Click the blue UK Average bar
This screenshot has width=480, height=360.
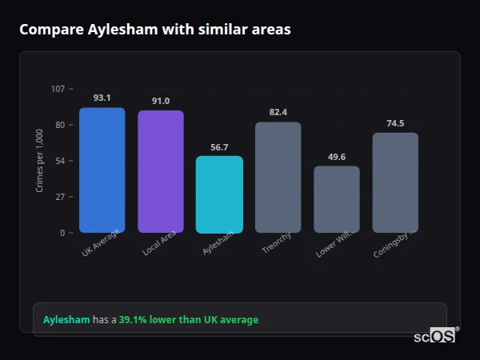102,170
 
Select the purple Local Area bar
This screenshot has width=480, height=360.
161,171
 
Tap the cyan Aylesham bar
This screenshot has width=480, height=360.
219,194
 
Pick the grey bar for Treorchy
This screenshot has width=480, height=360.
278,177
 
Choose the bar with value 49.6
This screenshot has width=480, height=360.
337,199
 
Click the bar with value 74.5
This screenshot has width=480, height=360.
395,182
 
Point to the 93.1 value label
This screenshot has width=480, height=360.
102,98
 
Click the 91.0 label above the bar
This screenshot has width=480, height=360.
161,101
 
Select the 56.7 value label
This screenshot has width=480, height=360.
219,146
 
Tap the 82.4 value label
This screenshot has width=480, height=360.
278,112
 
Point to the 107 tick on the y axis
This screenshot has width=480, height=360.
58,89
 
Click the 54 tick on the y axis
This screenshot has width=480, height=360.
60,161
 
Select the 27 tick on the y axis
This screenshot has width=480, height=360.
60,197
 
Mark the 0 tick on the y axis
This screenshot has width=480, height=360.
62,233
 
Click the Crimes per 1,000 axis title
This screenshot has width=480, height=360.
39,160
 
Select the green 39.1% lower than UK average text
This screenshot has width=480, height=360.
189,320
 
